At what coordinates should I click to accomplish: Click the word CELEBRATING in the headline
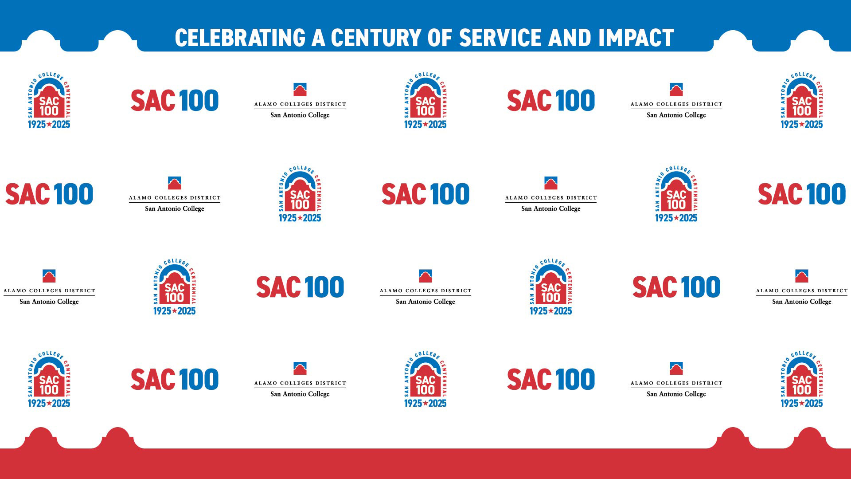[240, 38]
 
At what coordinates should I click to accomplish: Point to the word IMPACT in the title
[636, 38]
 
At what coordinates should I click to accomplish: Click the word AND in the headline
[570, 38]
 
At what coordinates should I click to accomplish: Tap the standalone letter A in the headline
[318, 38]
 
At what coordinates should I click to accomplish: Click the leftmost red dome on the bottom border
[41, 438]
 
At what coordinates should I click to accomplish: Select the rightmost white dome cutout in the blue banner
[810, 41]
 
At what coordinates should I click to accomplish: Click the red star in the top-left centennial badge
[49, 124]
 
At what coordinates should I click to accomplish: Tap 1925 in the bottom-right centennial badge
[789, 403]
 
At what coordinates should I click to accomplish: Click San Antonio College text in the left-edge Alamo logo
[49, 302]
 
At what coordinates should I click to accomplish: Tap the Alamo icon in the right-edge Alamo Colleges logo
[802, 276]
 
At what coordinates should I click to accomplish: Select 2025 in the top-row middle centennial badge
[437, 124]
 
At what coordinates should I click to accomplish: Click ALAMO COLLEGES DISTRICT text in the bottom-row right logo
[676, 383]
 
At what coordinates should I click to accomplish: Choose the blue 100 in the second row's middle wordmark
[450, 194]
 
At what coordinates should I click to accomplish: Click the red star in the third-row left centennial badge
[175, 311]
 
